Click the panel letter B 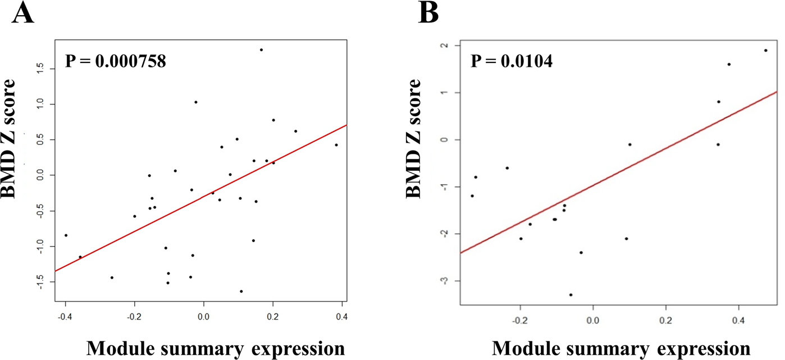tap(429, 12)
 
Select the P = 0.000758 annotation tap(116, 61)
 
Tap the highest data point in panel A tap(261, 50)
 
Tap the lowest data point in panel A tap(241, 291)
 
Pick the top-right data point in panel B tap(765, 51)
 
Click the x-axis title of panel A tap(215, 348)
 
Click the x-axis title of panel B tap(621, 348)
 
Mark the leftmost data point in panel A tap(66, 235)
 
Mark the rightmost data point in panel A tap(336, 145)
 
